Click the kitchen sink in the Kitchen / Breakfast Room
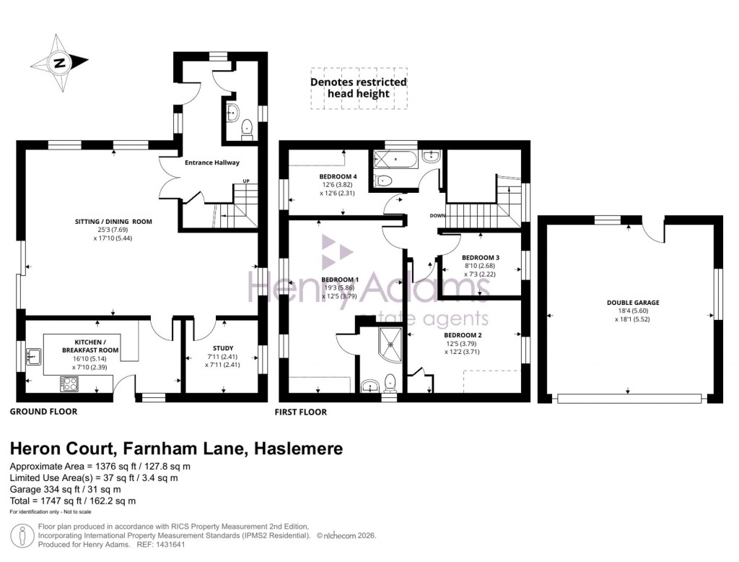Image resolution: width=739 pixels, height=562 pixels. point(34,355)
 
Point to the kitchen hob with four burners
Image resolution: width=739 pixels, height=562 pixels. point(71,384)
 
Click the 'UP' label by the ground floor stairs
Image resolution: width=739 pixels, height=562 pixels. point(246,181)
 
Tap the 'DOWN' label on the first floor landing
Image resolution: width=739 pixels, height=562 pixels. point(437,216)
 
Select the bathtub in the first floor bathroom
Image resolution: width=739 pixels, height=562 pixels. point(393,160)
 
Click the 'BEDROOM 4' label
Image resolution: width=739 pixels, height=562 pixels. point(338,176)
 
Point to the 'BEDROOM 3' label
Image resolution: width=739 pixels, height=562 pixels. point(481,258)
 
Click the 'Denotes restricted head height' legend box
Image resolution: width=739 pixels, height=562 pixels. point(359,88)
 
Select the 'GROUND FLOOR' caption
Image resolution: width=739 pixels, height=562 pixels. point(43,412)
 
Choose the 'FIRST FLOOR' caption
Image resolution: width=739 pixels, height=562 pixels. point(300,412)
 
